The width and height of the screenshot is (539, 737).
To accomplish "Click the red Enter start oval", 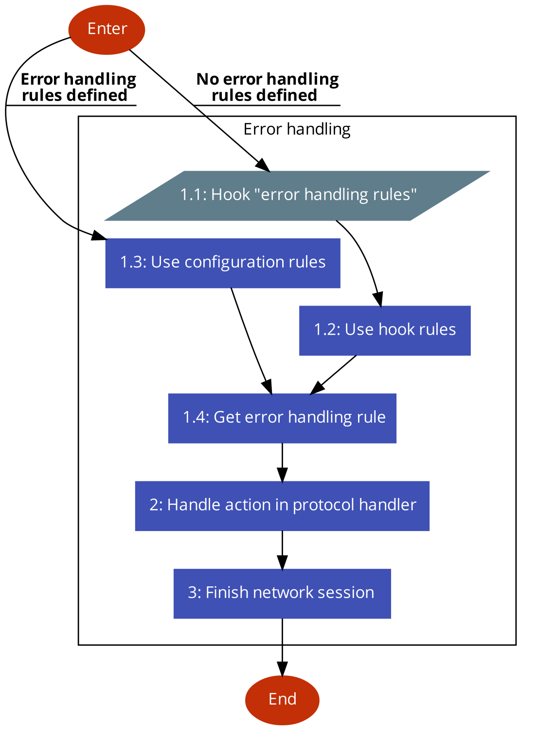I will (107, 30).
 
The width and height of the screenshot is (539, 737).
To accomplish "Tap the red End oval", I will (282, 700).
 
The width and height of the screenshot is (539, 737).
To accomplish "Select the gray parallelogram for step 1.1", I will (297, 196).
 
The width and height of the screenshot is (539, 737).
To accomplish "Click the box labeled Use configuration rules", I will (222, 263).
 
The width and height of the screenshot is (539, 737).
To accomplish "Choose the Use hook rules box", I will (385, 330).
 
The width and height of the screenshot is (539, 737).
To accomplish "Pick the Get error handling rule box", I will (282, 418).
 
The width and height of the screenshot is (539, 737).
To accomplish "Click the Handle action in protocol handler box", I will (282, 506).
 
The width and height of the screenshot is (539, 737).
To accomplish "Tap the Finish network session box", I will (282, 593).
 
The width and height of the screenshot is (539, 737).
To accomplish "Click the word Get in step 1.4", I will (227, 417).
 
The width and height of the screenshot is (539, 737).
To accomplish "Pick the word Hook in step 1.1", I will (231, 195).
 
